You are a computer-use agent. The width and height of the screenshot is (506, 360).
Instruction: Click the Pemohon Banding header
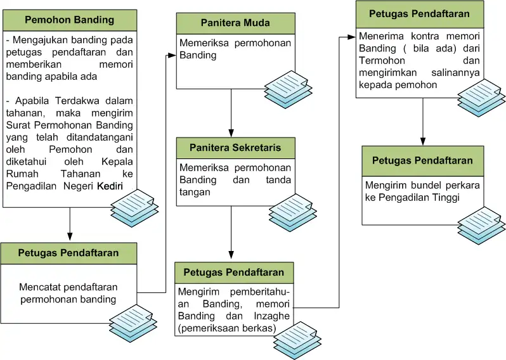click(69, 20)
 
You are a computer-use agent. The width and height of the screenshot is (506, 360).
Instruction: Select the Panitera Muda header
click(235, 23)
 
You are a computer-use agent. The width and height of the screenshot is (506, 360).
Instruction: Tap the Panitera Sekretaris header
click(235, 148)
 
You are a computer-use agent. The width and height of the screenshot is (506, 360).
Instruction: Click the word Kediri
click(110, 186)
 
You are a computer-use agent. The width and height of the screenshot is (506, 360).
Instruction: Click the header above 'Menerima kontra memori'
click(419, 13)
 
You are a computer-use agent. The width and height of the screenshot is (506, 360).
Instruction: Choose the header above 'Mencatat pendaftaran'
click(69, 253)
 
